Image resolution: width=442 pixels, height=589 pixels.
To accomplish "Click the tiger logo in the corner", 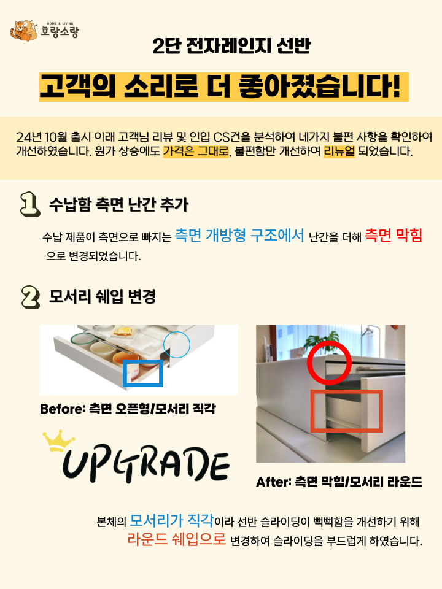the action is (24, 31).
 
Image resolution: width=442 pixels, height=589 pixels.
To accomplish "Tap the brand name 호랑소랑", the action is (60, 31).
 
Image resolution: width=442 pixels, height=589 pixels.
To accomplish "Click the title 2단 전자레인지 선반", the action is (231, 46).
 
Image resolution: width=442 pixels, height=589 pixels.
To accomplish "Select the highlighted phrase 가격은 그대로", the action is (196, 151).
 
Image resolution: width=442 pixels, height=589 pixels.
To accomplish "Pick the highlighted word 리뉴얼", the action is (339, 151).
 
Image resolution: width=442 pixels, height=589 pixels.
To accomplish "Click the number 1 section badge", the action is (30, 204).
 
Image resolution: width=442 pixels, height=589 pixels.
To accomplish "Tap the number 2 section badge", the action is (31, 297).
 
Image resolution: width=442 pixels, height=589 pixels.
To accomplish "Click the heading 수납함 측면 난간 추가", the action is (118, 204).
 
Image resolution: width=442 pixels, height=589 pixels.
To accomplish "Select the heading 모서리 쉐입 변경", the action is (103, 297).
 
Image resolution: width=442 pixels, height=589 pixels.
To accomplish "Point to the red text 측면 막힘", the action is (394, 235).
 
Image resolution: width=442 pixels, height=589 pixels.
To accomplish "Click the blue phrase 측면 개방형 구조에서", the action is (239, 235).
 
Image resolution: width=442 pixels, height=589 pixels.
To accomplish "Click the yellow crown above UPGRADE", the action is (59, 441).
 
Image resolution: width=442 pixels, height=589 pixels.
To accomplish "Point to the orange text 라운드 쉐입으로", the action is (176, 539).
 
